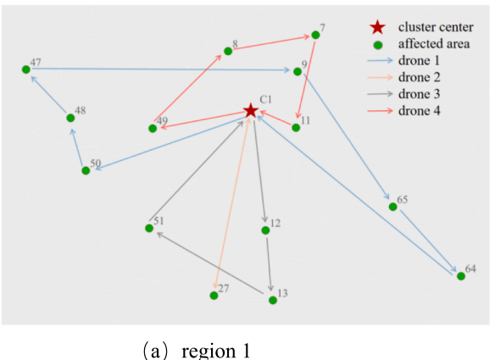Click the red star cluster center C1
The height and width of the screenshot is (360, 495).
[x=251, y=111]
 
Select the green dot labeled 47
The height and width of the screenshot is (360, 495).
[x=26, y=69]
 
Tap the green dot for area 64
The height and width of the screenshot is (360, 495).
[x=461, y=276]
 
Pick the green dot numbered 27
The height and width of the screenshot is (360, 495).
[x=214, y=296]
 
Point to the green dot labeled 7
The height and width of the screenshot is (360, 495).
[x=315, y=35]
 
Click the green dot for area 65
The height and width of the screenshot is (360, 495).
[x=392, y=207]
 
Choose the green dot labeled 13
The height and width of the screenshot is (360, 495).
[x=273, y=301]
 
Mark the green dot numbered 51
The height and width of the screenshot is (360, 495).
[x=149, y=228]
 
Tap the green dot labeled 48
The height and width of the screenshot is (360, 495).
[x=70, y=118]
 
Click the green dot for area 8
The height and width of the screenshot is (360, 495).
[x=228, y=51]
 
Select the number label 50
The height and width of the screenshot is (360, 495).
[x=96, y=163]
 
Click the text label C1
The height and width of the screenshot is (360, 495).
[x=266, y=100]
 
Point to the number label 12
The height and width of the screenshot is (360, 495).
[x=275, y=224]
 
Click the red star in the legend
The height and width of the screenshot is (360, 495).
[x=377, y=27]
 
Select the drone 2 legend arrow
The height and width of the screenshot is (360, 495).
[x=381, y=77]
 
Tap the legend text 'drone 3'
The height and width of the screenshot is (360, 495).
[x=420, y=94]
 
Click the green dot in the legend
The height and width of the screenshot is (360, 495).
[x=378, y=46]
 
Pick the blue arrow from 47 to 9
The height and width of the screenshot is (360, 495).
[x=161, y=69]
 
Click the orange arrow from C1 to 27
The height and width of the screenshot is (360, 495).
[x=232, y=202]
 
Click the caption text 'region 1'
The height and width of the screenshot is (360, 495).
[x=216, y=351]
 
